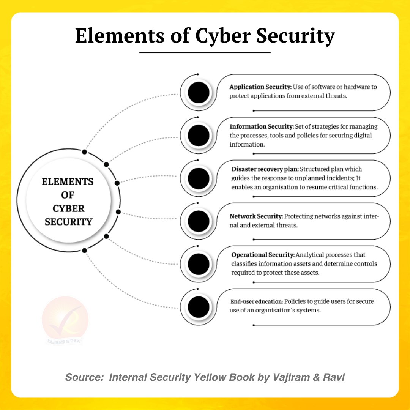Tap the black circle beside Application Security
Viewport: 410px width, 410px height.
(x=199, y=93)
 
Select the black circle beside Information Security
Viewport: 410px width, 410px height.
(x=199, y=136)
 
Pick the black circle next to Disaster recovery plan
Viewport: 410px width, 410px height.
(x=199, y=178)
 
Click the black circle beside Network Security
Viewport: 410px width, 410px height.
(x=199, y=221)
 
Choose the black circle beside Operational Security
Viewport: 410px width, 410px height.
(x=199, y=264)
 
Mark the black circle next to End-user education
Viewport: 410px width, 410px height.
(x=199, y=307)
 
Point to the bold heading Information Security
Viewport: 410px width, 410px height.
(x=262, y=126)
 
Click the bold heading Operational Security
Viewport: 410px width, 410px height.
(x=263, y=255)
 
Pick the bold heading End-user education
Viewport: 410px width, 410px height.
(x=257, y=301)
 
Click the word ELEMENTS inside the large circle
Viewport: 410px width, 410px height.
(x=68, y=182)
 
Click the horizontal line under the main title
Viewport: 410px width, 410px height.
(x=205, y=53)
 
